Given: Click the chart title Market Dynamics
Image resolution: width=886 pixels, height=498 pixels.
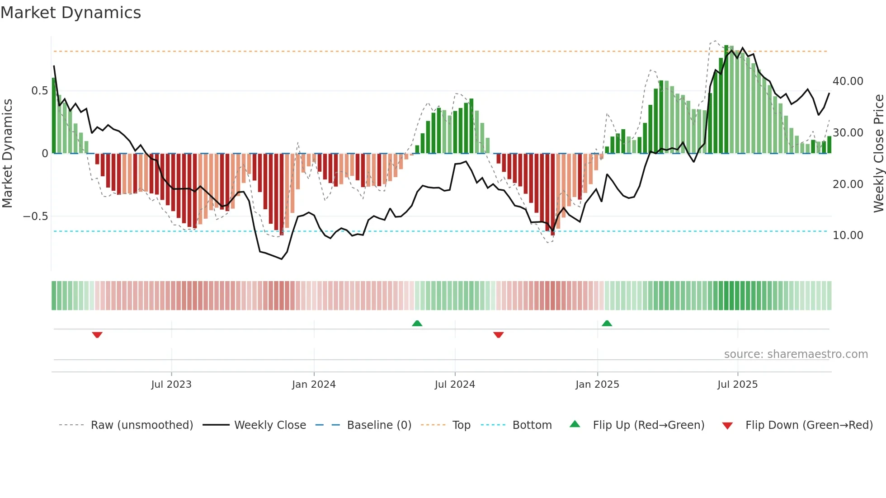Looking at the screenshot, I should point(71,13).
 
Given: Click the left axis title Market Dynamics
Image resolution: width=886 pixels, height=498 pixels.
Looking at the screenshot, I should point(7,153).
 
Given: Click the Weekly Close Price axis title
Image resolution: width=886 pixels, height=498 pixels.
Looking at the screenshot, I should point(878,153).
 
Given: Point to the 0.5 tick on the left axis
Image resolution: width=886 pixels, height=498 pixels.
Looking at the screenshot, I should point(39,91).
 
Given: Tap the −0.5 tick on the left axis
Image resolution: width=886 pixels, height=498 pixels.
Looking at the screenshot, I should point(36,216).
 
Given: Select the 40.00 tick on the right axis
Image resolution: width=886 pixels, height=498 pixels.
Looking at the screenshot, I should point(848,81).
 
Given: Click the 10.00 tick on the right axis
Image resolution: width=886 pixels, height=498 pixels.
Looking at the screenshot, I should point(848,235).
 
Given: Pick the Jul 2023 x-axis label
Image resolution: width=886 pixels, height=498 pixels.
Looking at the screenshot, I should point(171,385).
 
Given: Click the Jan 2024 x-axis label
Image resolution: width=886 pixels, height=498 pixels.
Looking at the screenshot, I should point(314,385).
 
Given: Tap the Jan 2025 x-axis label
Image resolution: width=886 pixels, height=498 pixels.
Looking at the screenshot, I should point(597,385).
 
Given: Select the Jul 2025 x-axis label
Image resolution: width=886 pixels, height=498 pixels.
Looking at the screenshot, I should point(737,385).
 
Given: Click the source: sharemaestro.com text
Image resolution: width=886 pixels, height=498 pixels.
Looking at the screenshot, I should point(796,354).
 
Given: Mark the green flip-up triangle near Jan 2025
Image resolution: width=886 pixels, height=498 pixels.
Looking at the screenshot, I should point(607,324).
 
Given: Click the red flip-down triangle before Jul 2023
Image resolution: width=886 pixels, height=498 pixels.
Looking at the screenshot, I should point(97,335).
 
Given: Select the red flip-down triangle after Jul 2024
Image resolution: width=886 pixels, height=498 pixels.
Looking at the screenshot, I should point(499,335).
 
